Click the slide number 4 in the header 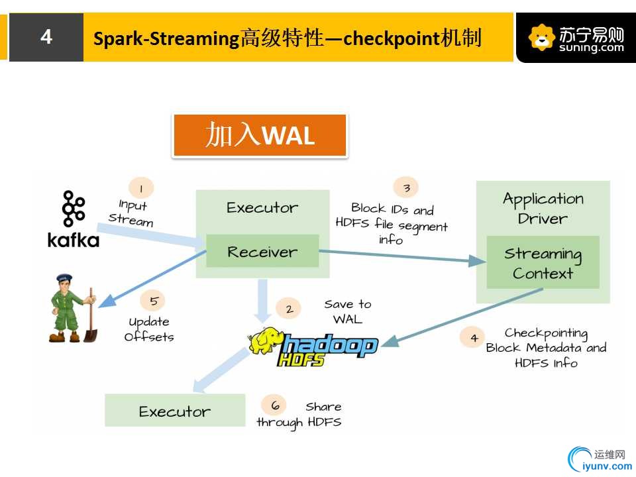(46, 37)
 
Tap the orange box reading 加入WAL (260, 135)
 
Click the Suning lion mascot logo (541, 37)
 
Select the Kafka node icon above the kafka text (73, 209)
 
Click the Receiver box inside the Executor (262, 251)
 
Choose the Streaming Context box (543, 262)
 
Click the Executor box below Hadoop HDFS (175, 410)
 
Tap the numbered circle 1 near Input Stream (140, 188)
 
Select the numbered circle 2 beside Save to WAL (288, 309)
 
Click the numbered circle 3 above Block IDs (406, 187)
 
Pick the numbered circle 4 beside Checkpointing (473, 337)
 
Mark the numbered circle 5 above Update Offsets (153, 301)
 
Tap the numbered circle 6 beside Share (274, 405)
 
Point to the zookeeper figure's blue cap (64, 278)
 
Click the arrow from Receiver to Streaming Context (402, 256)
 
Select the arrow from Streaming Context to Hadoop (462, 317)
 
